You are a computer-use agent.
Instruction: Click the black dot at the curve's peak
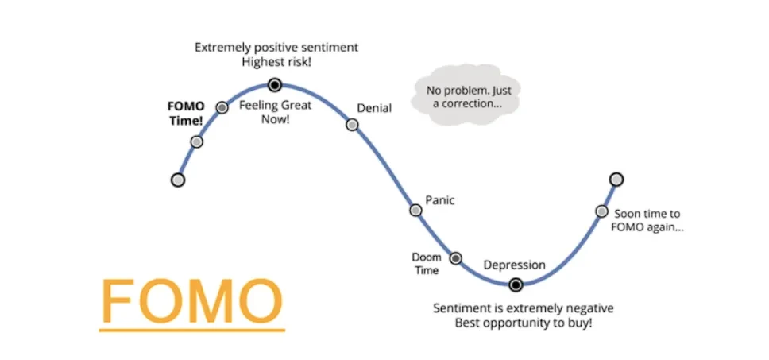click(274, 84)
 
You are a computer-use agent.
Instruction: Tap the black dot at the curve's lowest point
click(516, 285)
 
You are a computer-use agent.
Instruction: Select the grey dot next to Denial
click(352, 124)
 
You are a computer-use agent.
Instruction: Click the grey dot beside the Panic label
click(415, 210)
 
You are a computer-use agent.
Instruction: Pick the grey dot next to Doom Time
click(456, 257)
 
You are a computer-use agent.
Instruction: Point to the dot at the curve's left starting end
click(178, 180)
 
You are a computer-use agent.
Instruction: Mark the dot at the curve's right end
click(616, 179)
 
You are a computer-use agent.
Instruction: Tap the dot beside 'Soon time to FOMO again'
click(601, 211)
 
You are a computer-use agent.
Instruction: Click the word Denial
click(374, 108)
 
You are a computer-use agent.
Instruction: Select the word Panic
click(440, 200)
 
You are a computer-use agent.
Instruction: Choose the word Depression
click(515, 265)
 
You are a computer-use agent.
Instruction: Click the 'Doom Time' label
click(426, 264)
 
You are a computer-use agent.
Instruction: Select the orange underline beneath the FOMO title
click(192, 328)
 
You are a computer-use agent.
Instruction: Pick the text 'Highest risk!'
click(276, 62)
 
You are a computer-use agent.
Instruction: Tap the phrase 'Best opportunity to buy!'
click(524, 323)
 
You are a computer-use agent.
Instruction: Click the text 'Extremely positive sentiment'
click(276, 48)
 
